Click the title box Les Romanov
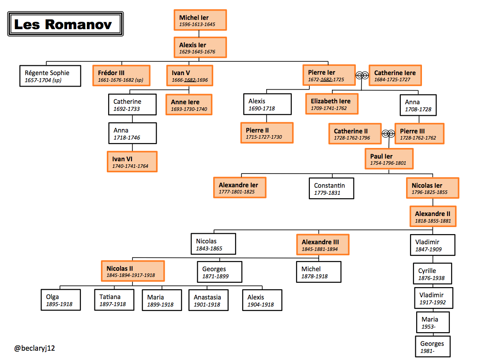tap(66, 24)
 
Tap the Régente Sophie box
tap(50, 76)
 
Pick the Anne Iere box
tap(189, 105)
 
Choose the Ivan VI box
tap(132, 162)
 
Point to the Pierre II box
tap(267, 133)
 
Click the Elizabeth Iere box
tap(331, 104)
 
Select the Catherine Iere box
tap(395, 76)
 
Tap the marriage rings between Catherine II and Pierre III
tap(388, 133)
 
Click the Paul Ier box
tap(389, 159)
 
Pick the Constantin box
tap(331, 189)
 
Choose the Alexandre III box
tap(323, 245)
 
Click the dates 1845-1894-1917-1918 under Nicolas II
tap(131, 275)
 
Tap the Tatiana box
tap(114, 300)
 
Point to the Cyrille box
tap(432, 274)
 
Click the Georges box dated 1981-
tap(433, 347)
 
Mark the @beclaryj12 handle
tap(35, 348)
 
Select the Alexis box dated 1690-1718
tap(267, 105)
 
